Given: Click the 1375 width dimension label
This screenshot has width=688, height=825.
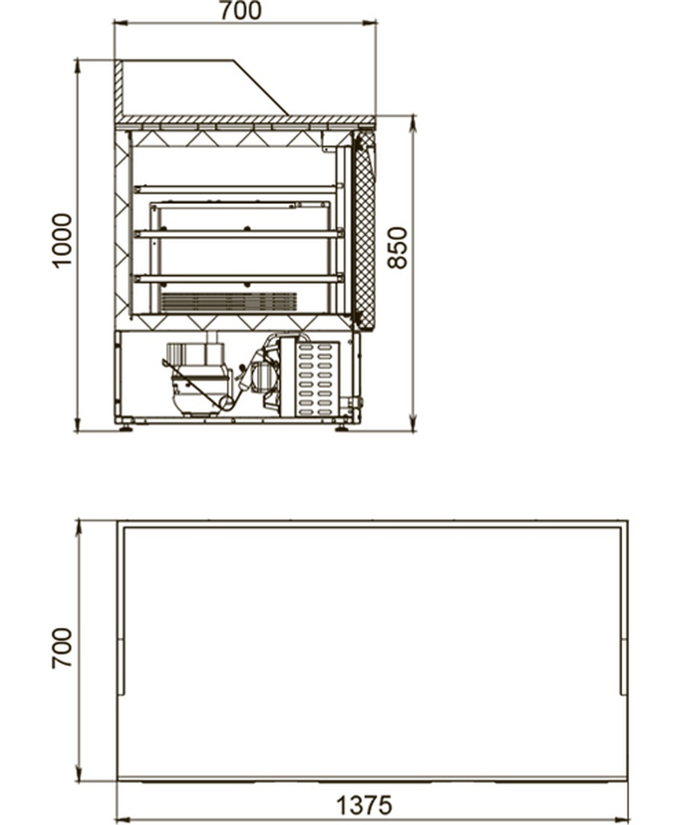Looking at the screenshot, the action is pyautogui.click(x=364, y=805).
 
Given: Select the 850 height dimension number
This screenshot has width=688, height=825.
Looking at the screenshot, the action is pyautogui.click(x=398, y=247).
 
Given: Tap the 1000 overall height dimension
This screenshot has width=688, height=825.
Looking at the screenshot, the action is pyautogui.click(x=62, y=241).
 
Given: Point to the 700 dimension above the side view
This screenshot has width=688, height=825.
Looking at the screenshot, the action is pyautogui.click(x=240, y=11).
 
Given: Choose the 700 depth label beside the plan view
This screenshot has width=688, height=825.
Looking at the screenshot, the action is pyautogui.click(x=62, y=649).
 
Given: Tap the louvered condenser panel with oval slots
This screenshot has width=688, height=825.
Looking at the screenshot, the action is pyautogui.click(x=317, y=378).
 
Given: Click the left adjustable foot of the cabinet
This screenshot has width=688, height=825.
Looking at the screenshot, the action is pyautogui.click(x=126, y=425).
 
